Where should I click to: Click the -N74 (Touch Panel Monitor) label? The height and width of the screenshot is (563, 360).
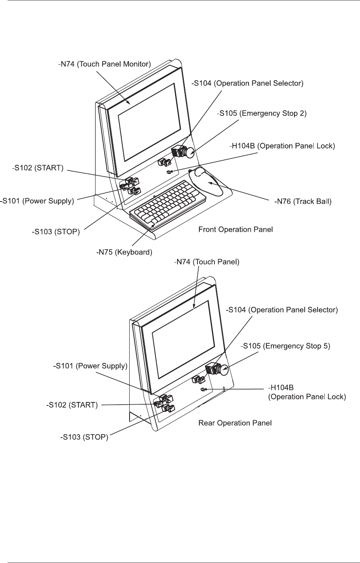(x=104, y=64)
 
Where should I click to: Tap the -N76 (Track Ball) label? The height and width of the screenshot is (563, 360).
(x=303, y=201)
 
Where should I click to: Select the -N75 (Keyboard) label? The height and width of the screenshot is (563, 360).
(x=124, y=252)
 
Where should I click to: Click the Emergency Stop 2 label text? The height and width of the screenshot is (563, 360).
(x=273, y=114)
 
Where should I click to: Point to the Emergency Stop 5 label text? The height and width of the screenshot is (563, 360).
(x=296, y=346)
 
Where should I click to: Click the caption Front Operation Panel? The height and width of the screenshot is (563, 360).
(x=236, y=230)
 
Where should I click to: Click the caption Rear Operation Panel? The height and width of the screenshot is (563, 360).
(x=235, y=423)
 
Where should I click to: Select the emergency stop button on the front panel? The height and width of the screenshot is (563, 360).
(x=189, y=152)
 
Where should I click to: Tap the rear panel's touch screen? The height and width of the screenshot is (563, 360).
(x=183, y=340)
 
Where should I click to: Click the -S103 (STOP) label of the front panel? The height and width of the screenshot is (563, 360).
(x=56, y=231)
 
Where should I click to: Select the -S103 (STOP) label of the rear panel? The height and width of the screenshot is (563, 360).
(x=84, y=437)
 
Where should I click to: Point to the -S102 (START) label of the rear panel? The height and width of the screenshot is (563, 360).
(x=72, y=405)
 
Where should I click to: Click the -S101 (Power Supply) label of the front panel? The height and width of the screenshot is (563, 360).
(x=37, y=201)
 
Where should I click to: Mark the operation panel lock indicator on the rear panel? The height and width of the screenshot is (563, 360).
(x=203, y=389)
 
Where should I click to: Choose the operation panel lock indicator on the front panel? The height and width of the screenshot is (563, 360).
(x=169, y=172)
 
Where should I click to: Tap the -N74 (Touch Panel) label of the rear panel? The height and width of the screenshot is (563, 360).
(x=207, y=262)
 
